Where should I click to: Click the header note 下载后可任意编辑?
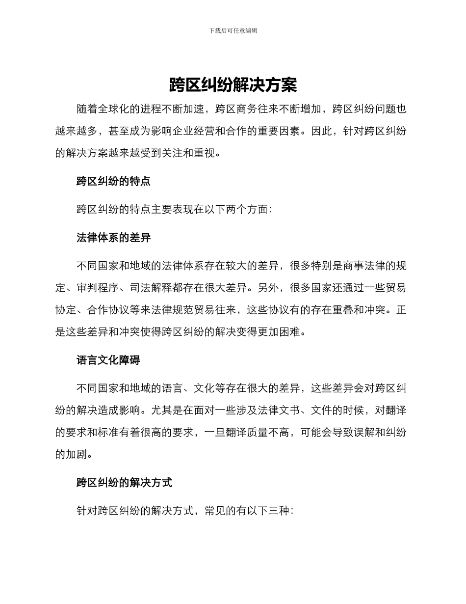(233, 30)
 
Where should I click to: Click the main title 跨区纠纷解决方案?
(233, 85)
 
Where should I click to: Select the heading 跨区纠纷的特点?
(113, 181)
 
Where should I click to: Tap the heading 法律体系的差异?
(113, 238)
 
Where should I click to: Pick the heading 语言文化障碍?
(108, 360)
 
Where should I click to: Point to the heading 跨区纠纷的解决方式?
(124, 483)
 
